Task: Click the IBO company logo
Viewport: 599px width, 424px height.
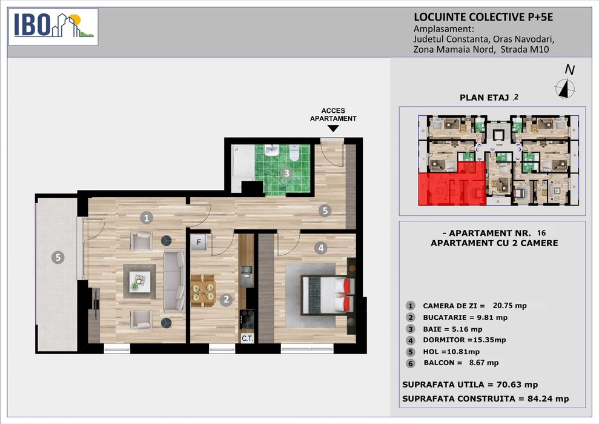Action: click(x=53, y=27)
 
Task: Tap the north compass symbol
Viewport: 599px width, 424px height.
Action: click(x=565, y=89)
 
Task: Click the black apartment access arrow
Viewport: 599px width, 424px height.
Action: click(x=333, y=129)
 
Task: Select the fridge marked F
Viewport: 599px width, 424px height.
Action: click(x=199, y=242)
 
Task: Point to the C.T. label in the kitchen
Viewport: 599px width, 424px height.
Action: click(x=247, y=338)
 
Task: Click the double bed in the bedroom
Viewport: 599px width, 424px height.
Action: click(x=328, y=295)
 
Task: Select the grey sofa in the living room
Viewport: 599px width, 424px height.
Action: click(x=174, y=280)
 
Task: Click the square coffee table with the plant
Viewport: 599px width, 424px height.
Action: click(x=139, y=281)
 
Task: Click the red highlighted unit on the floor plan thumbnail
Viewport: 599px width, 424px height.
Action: click(x=452, y=184)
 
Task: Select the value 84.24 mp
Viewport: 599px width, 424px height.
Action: click(x=548, y=399)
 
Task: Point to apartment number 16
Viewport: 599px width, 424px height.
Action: click(x=541, y=233)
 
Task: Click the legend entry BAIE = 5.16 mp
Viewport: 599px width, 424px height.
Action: click(x=452, y=329)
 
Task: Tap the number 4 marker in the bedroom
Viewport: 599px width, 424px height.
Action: click(x=321, y=248)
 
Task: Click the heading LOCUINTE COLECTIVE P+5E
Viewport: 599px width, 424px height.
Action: click(x=483, y=17)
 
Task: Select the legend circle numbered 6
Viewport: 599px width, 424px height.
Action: click(x=410, y=363)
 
